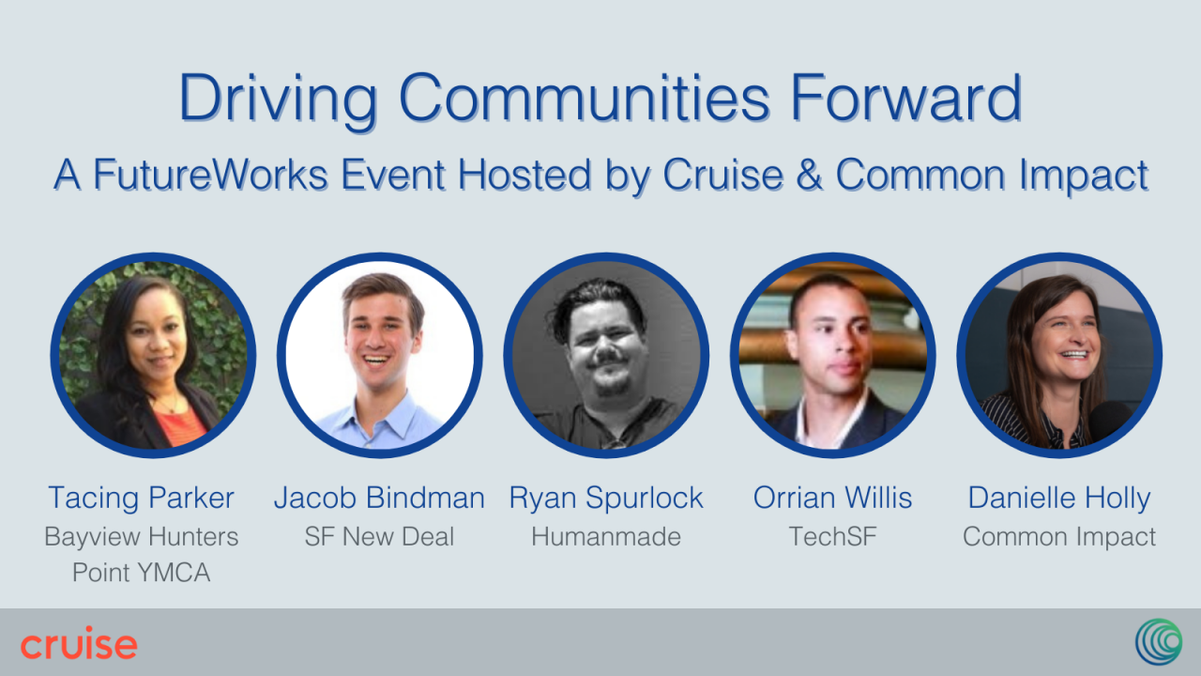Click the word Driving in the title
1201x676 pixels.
pos(279,100)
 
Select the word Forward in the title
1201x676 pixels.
pos(906,98)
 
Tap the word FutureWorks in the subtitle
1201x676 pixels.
pos(210,175)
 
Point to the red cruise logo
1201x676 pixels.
pos(79,643)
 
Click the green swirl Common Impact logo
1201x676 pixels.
pos(1159,641)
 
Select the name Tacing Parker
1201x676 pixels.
pos(141,498)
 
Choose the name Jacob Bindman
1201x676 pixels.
pos(380,498)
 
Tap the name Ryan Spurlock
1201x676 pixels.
pos(606,499)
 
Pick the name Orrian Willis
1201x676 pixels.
pos(832,498)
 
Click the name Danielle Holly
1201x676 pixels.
pos(1059,499)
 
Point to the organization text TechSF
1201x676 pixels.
pos(832,536)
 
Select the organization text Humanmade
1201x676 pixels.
pos(606,536)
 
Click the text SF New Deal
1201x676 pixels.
pos(380,536)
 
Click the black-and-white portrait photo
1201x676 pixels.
pos(606,355)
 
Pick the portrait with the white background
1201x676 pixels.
pos(380,355)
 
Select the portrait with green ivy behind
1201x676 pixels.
pos(153,355)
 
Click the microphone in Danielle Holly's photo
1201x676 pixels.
pos(1110,422)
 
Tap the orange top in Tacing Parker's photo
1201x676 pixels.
pos(179,426)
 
